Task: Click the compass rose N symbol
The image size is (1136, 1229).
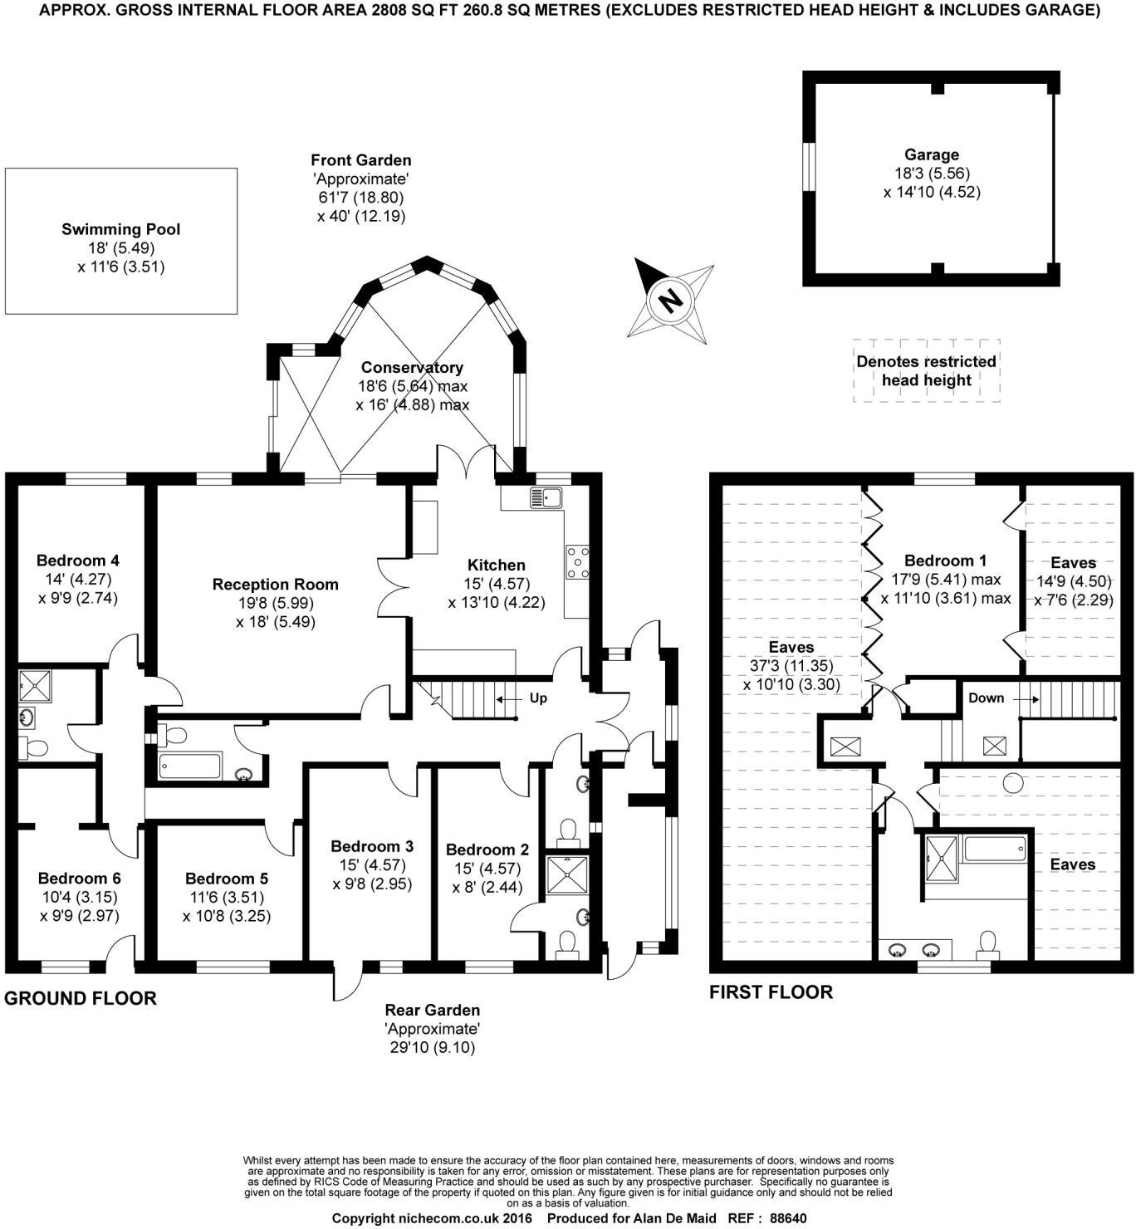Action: tap(669, 299)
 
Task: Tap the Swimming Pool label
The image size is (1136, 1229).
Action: tap(120, 229)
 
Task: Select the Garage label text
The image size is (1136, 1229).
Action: tap(932, 154)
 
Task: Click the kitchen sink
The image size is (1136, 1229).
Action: tap(546, 498)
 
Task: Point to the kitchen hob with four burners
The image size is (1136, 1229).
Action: tap(577, 561)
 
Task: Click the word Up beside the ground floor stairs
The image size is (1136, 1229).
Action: tap(538, 698)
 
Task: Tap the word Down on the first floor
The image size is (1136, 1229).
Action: tap(986, 698)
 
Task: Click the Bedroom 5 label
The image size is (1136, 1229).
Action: tap(226, 879)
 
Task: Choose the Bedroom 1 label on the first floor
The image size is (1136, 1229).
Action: tap(945, 561)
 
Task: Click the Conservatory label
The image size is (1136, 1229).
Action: tap(412, 367)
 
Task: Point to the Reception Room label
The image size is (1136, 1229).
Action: tap(275, 585)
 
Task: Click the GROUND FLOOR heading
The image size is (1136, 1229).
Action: tap(81, 998)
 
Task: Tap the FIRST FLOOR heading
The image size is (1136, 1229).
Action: tap(771, 992)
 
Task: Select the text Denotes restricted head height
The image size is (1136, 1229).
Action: tap(926, 371)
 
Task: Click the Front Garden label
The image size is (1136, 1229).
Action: tap(360, 160)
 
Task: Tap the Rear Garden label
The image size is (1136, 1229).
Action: tap(432, 1011)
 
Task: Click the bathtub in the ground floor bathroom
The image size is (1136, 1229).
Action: tap(190, 765)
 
